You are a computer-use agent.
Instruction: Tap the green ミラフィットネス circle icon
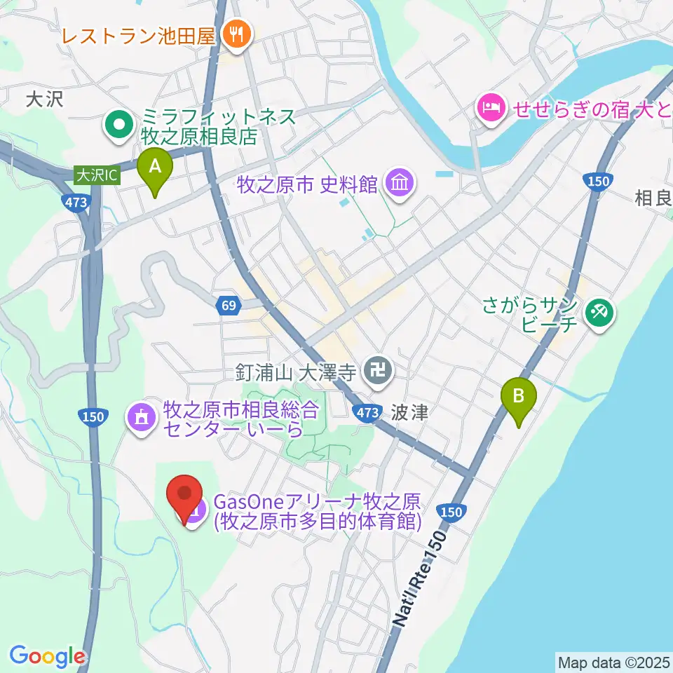click(x=118, y=126)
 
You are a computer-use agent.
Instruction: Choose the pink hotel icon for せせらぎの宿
click(x=488, y=108)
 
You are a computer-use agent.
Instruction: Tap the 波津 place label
click(x=410, y=412)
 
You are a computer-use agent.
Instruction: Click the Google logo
click(x=47, y=656)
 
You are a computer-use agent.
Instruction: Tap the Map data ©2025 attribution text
click(x=613, y=661)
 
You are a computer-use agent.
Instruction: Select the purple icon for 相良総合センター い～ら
click(x=142, y=418)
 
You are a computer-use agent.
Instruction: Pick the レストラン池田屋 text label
click(x=137, y=35)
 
